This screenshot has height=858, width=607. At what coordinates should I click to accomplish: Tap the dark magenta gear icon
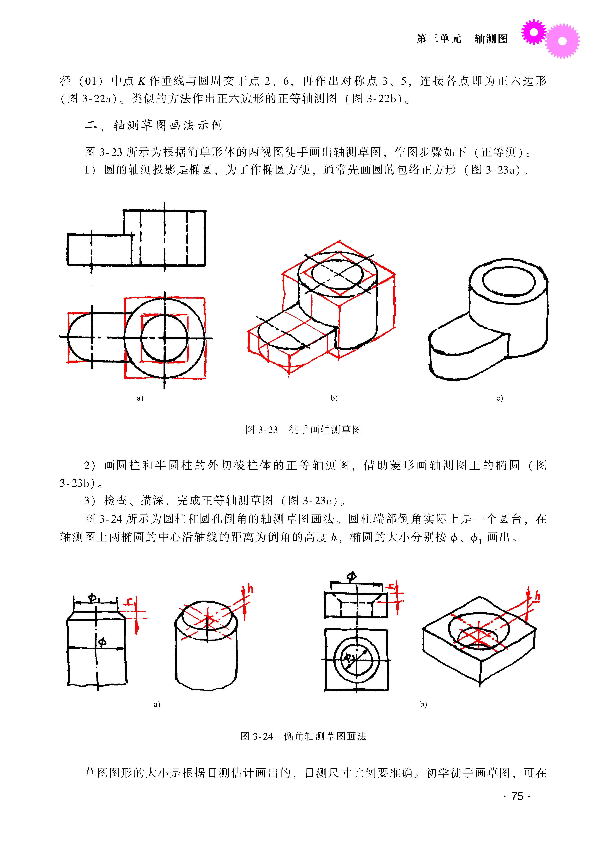pos(534,32)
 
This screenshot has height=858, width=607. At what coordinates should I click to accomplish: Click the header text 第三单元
pos(439,39)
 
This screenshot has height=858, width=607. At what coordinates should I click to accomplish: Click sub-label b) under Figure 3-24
pos(423,704)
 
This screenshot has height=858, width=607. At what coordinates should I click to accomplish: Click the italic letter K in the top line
pos(142,81)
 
